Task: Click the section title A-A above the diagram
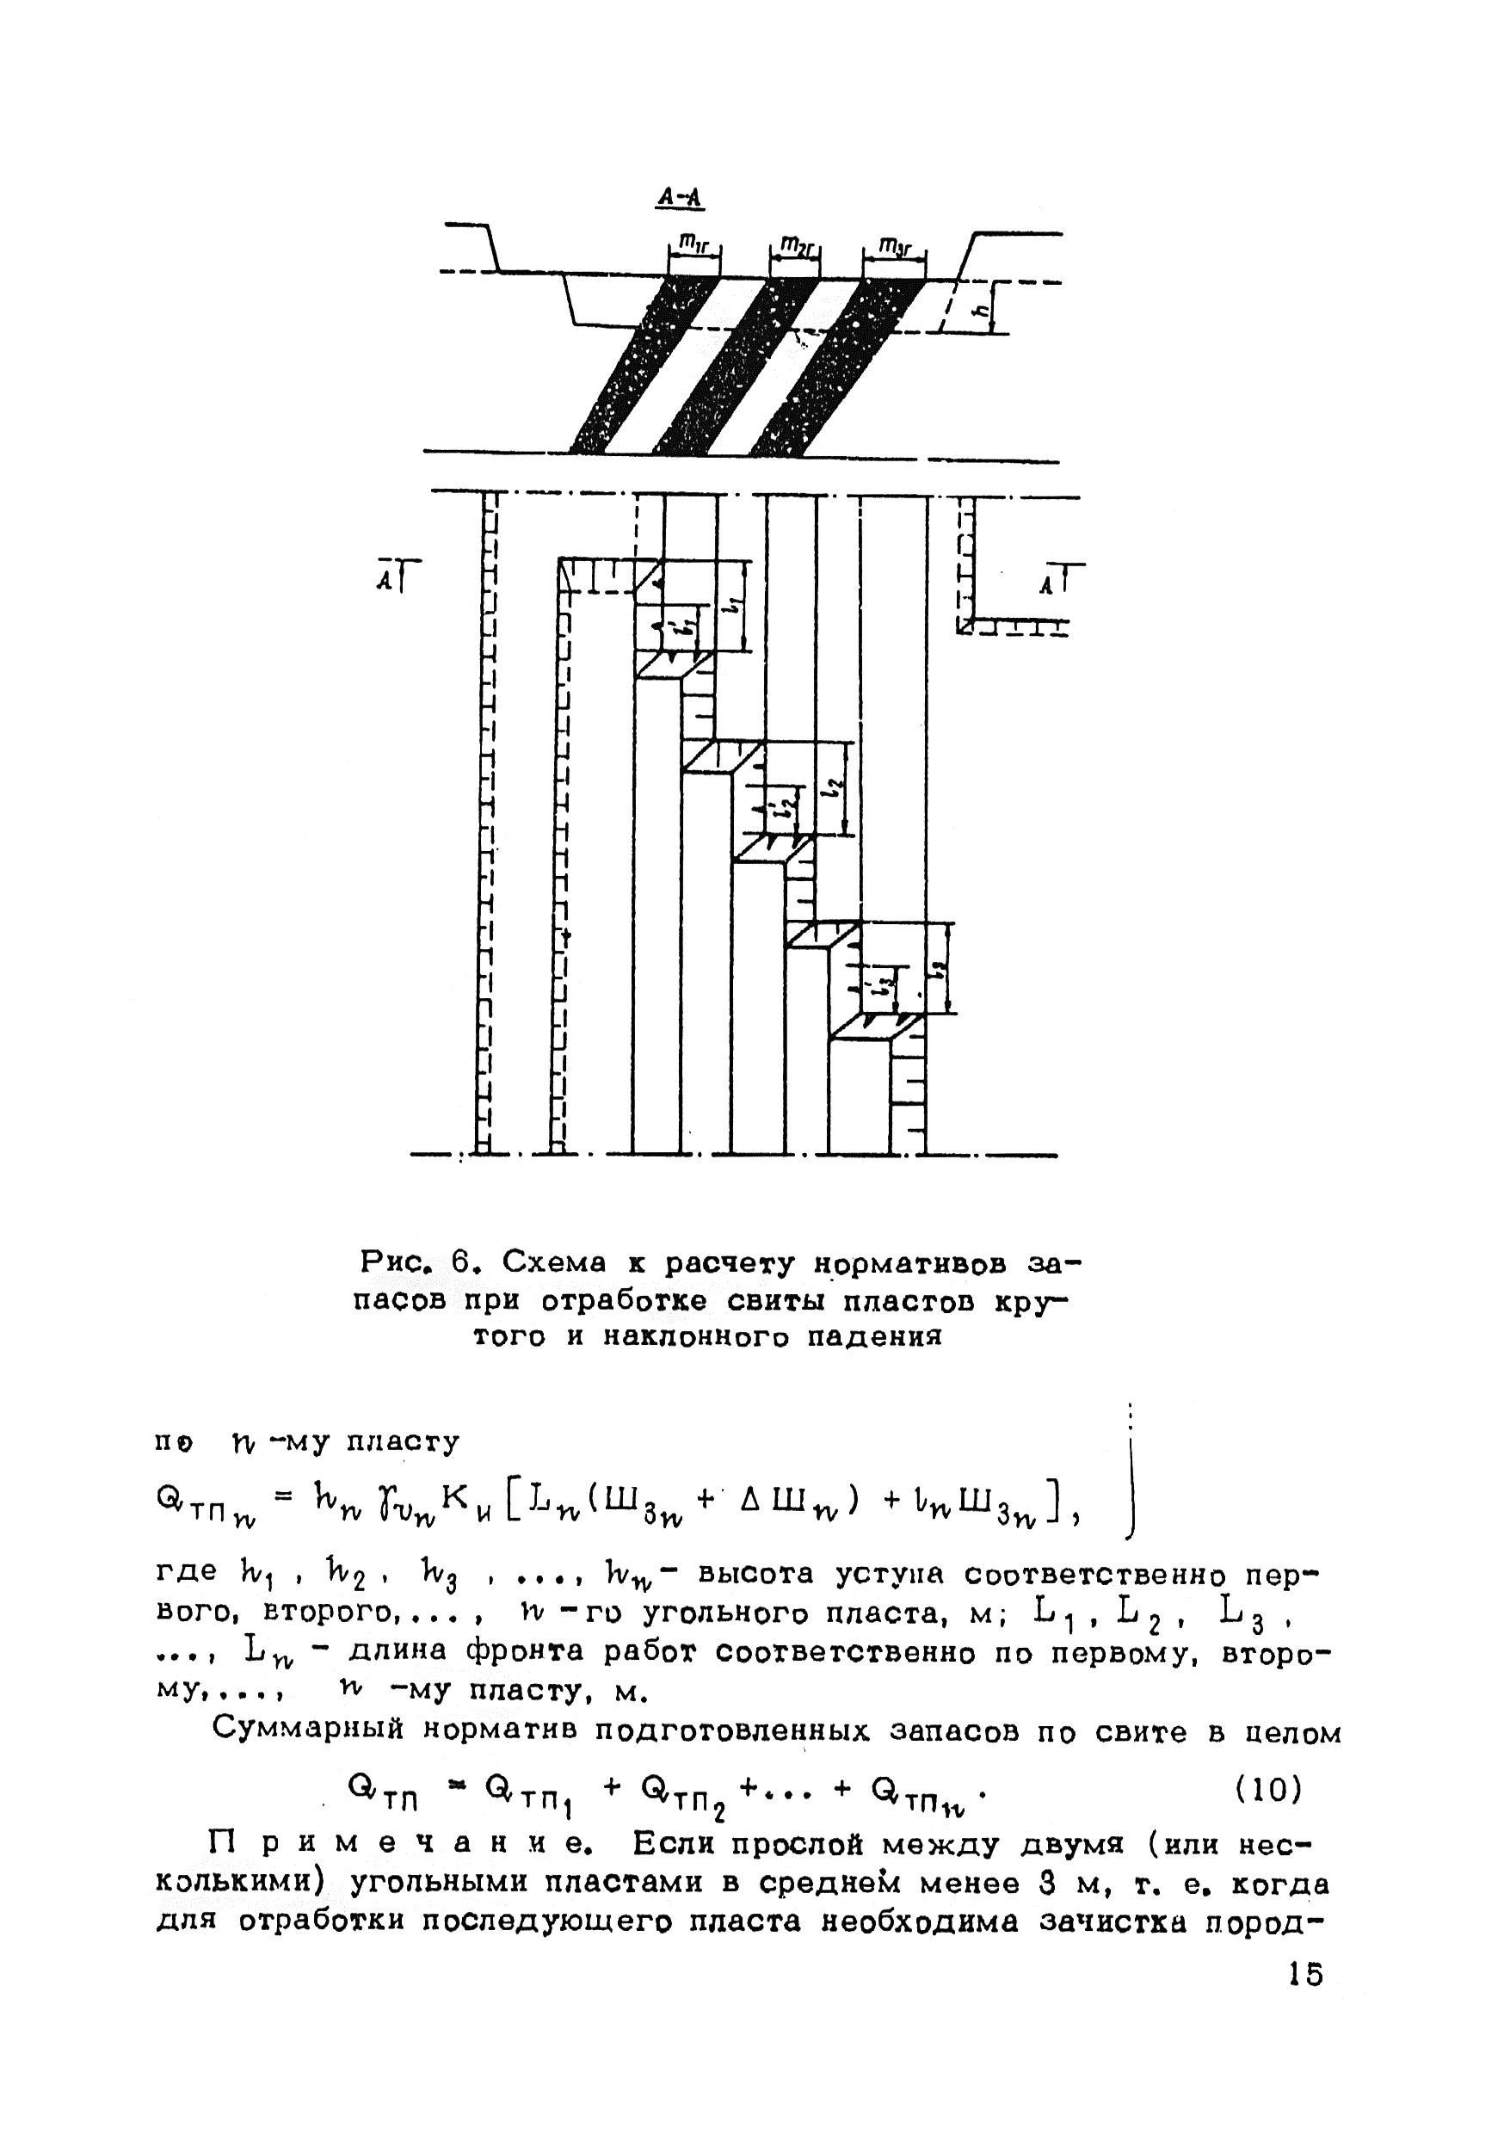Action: pos(680,197)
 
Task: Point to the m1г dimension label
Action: pos(694,244)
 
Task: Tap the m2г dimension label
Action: pos(795,244)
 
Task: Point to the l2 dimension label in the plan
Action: pos(836,787)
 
